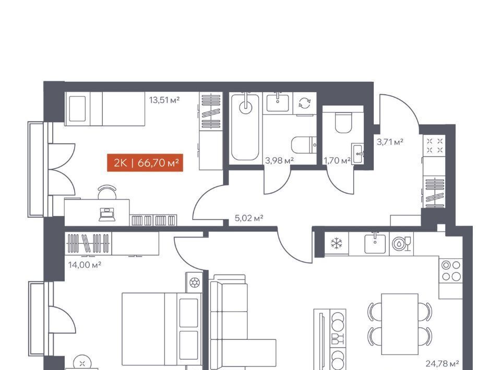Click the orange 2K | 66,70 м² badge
click(x=145, y=163)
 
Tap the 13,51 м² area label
click(x=164, y=100)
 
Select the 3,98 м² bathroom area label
click(x=279, y=161)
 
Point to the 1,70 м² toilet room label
click(x=337, y=161)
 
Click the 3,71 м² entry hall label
click(x=390, y=142)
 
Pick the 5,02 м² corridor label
click(x=249, y=218)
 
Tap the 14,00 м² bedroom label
click(x=85, y=265)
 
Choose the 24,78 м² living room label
click(x=443, y=363)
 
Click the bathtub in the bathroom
click(x=245, y=127)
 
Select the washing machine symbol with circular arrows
click(x=304, y=103)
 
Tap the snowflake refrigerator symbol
click(x=336, y=244)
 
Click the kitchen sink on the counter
click(x=375, y=243)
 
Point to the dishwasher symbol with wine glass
click(x=401, y=244)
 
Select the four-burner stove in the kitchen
click(x=451, y=270)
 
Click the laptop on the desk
click(x=106, y=214)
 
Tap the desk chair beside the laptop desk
click(x=107, y=192)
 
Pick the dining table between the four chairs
click(x=400, y=324)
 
